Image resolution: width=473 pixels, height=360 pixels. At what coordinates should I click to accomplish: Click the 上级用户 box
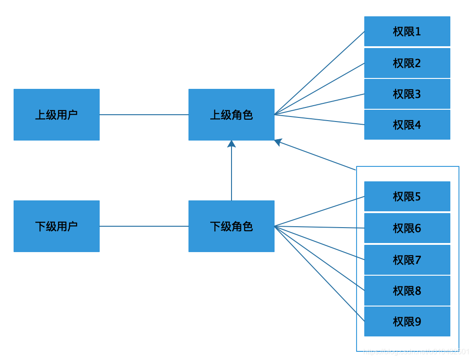pos(57,115)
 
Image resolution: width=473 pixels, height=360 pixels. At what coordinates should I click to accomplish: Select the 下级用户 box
pos(57,226)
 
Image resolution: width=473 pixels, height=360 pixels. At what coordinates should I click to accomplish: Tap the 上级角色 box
pos(232,115)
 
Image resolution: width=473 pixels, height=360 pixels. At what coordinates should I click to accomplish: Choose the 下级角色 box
pos(232,226)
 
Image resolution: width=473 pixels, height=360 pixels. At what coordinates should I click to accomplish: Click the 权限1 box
pos(407,31)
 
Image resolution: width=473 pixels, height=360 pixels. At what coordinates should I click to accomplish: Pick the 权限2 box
pos(407,63)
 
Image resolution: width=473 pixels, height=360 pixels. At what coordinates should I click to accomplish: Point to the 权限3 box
pos(407,94)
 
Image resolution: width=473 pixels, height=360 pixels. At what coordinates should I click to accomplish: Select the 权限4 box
pos(407,125)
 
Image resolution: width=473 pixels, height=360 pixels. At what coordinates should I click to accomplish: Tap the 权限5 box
pos(407,196)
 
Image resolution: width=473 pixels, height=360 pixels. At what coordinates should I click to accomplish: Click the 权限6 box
pos(407,228)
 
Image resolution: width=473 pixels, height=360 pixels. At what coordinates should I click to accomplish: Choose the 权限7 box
pos(407,260)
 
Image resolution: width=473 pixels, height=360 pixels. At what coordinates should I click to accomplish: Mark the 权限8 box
pos(407,291)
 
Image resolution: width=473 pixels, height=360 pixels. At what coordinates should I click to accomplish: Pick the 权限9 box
pos(407,321)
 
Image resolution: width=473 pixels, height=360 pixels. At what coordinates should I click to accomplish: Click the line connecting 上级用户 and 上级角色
pos(144,115)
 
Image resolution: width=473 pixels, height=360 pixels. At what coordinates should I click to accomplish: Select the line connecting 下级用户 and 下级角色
pos(144,226)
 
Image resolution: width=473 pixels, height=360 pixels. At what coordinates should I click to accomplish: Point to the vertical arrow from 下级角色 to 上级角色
pos(232,172)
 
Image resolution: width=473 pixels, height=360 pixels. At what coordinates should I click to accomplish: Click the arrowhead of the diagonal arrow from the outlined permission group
pos(278,142)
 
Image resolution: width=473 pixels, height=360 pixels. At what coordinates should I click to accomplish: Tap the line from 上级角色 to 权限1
pos(319,73)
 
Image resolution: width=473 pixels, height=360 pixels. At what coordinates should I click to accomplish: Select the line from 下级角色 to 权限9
pos(319,273)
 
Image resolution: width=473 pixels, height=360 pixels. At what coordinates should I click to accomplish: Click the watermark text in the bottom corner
pos(417,351)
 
